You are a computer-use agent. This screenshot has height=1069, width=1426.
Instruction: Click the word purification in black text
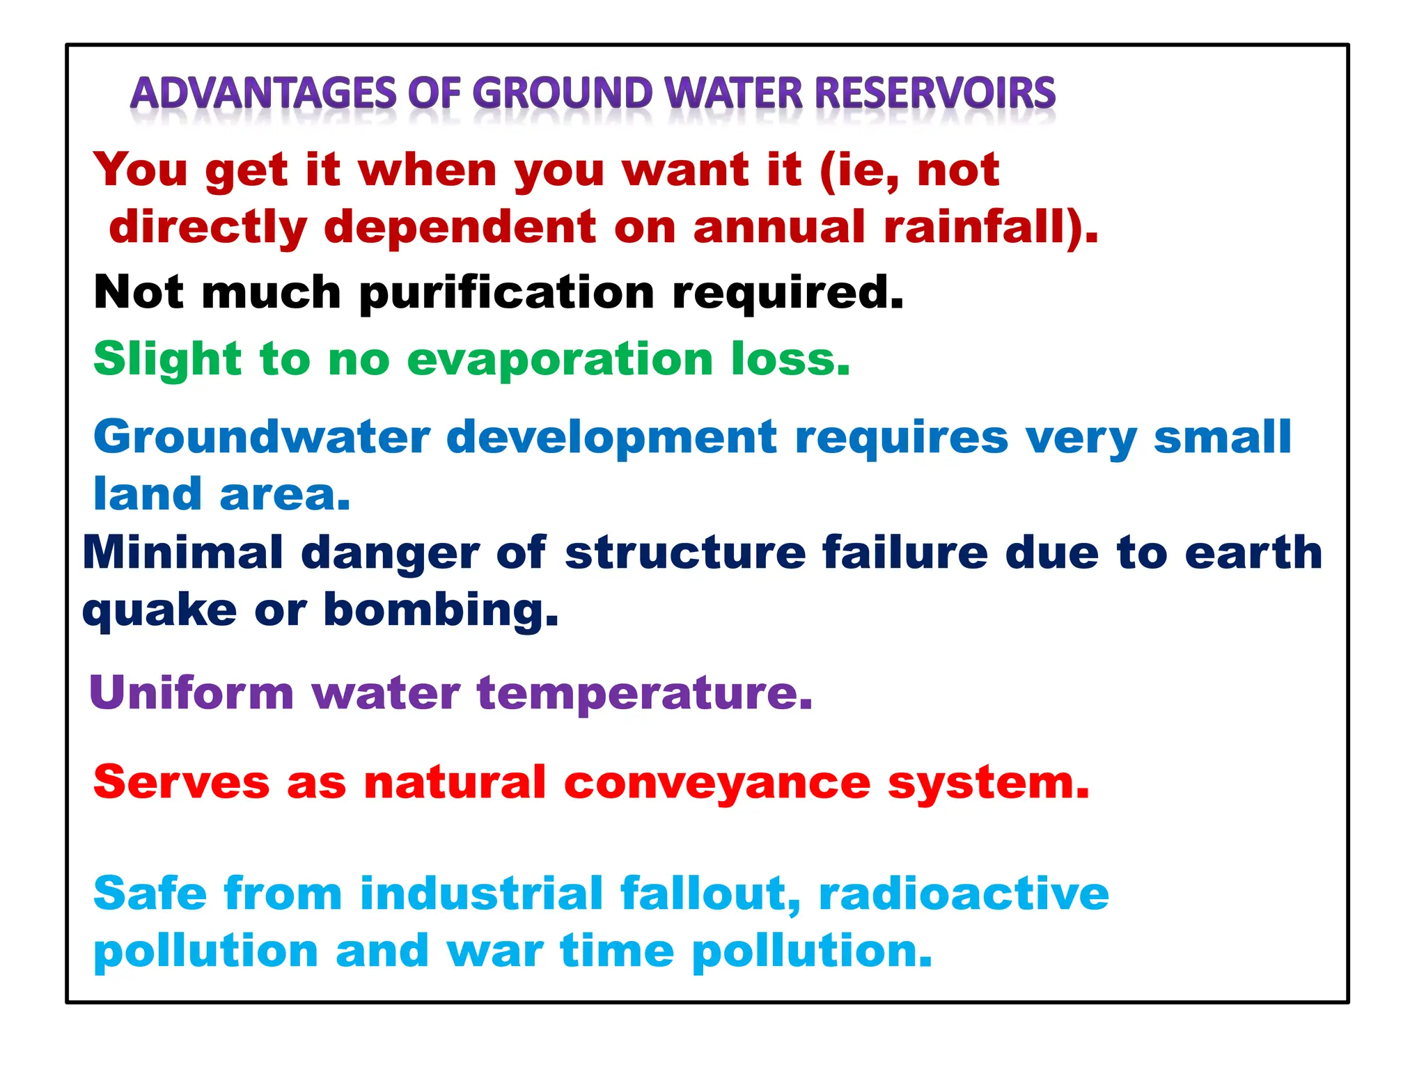pos(507,293)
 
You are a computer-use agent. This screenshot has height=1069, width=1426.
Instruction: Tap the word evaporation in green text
pos(560,360)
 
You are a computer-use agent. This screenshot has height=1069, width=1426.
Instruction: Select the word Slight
pos(167,360)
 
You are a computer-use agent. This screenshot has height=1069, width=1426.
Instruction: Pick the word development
pos(611,438)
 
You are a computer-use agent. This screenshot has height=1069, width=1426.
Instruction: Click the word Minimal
pos(182,553)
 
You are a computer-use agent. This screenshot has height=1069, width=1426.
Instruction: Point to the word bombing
pos(440,610)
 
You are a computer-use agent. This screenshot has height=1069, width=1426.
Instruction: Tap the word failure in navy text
pos(904,553)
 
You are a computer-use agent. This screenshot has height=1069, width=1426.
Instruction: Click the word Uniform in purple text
pos(191,693)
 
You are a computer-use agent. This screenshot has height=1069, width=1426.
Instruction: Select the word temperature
pos(644,695)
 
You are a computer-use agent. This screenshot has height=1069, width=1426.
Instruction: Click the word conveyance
pos(717,783)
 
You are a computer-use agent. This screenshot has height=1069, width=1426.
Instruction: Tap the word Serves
pos(181,782)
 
